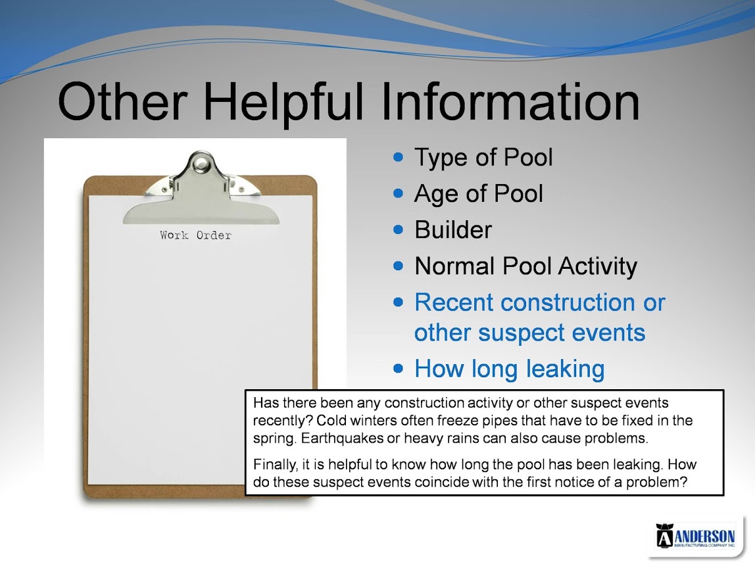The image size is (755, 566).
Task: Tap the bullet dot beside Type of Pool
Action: [x=398, y=157]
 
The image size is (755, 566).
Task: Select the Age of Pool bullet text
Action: [x=479, y=194]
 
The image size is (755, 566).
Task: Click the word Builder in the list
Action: [x=453, y=229]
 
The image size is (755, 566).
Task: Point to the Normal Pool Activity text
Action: [x=526, y=266]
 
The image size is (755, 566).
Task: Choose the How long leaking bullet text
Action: [x=510, y=369]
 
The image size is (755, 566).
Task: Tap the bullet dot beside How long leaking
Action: [x=398, y=369]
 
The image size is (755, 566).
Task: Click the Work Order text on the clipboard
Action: [x=195, y=235]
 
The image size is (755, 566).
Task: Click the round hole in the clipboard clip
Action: [x=201, y=164]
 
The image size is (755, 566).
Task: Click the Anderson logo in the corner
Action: [x=696, y=535]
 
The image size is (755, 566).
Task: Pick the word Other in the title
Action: [x=122, y=101]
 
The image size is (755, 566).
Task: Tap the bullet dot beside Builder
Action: [x=398, y=229]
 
